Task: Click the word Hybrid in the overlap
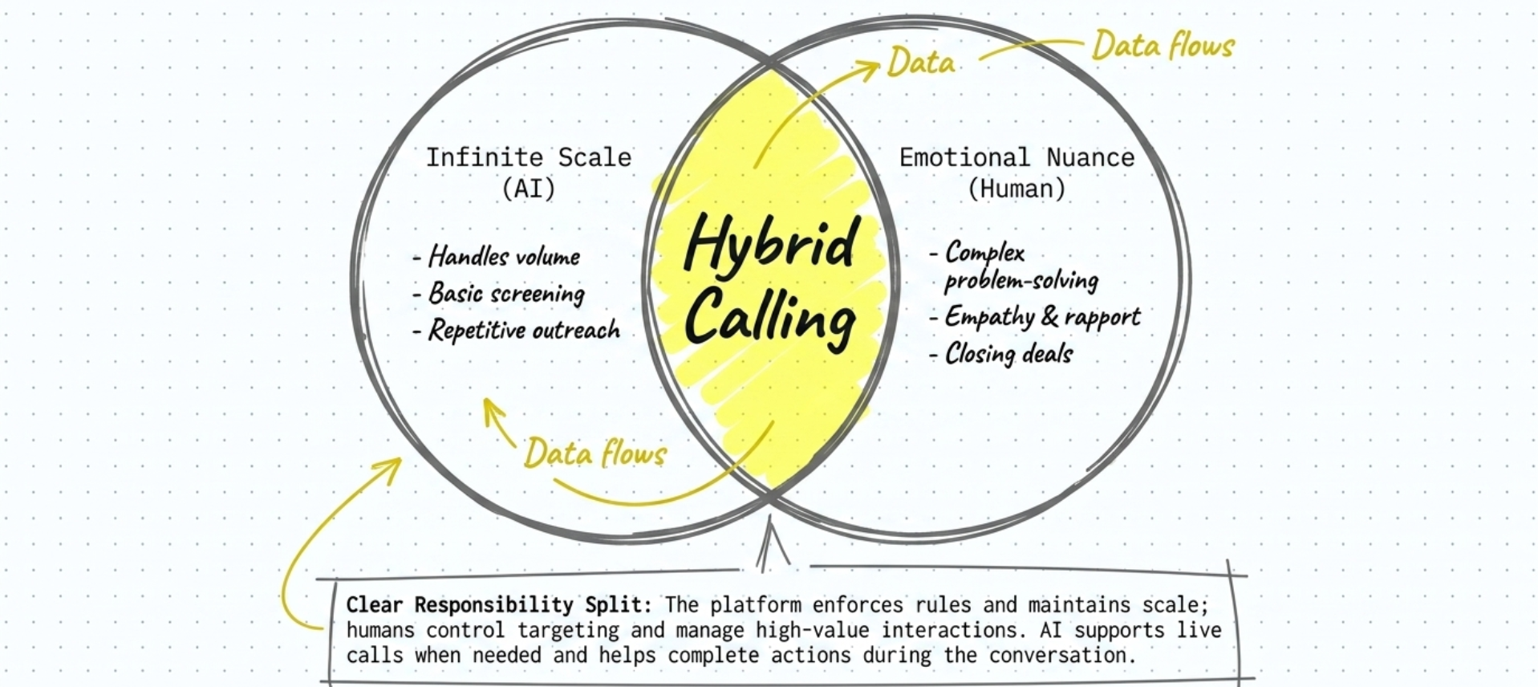click(771, 243)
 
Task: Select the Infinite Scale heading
click(528, 157)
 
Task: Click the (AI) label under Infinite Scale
click(529, 189)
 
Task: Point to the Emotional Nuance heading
click(1017, 157)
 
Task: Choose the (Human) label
click(1017, 189)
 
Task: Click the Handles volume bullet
click(497, 257)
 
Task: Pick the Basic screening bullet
click(499, 294)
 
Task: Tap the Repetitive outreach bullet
click(517, 330)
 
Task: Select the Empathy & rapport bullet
click(1035, 317)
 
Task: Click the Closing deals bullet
click(1001, 354)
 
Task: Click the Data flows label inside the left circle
click(595, 453)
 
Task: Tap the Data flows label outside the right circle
click(1163, 45)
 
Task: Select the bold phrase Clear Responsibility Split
click(499, 605)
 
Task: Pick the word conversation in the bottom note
click(1062, 655)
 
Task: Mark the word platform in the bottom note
click(755, 605)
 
